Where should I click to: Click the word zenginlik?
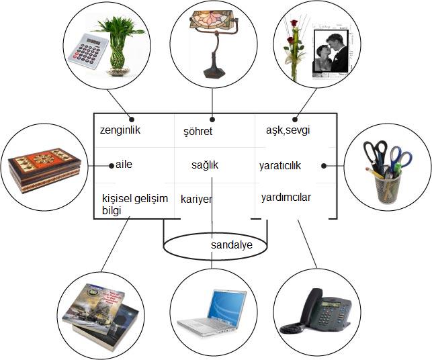click(x=120, y=130)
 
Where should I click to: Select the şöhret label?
click(x=198, y=132)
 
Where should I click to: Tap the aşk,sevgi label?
click(x=287, y=130)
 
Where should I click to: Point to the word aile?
click(x=125, y=165)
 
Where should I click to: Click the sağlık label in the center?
click(x=205, y=165)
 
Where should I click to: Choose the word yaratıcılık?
click(x=280, y=165)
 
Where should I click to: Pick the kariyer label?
click(x=196, y=199)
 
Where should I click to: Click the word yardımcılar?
click(x=286, y=197)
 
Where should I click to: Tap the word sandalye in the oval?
click(x=231, y=245)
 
